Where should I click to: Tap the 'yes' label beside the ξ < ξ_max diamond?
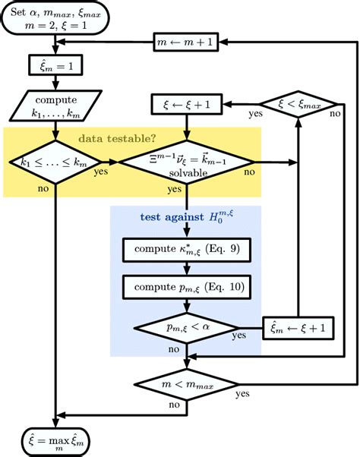(256, 116)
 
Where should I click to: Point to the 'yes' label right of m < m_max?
(244, 395)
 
